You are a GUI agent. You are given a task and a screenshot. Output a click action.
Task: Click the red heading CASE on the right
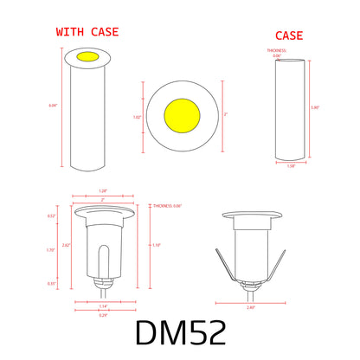(x=288, y=35)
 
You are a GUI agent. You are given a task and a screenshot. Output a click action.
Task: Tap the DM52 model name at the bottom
(x=181, y=333)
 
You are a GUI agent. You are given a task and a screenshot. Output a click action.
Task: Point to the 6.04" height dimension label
(x=53, y=106)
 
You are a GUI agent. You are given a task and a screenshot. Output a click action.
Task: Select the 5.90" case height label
(x=315, y=107)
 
